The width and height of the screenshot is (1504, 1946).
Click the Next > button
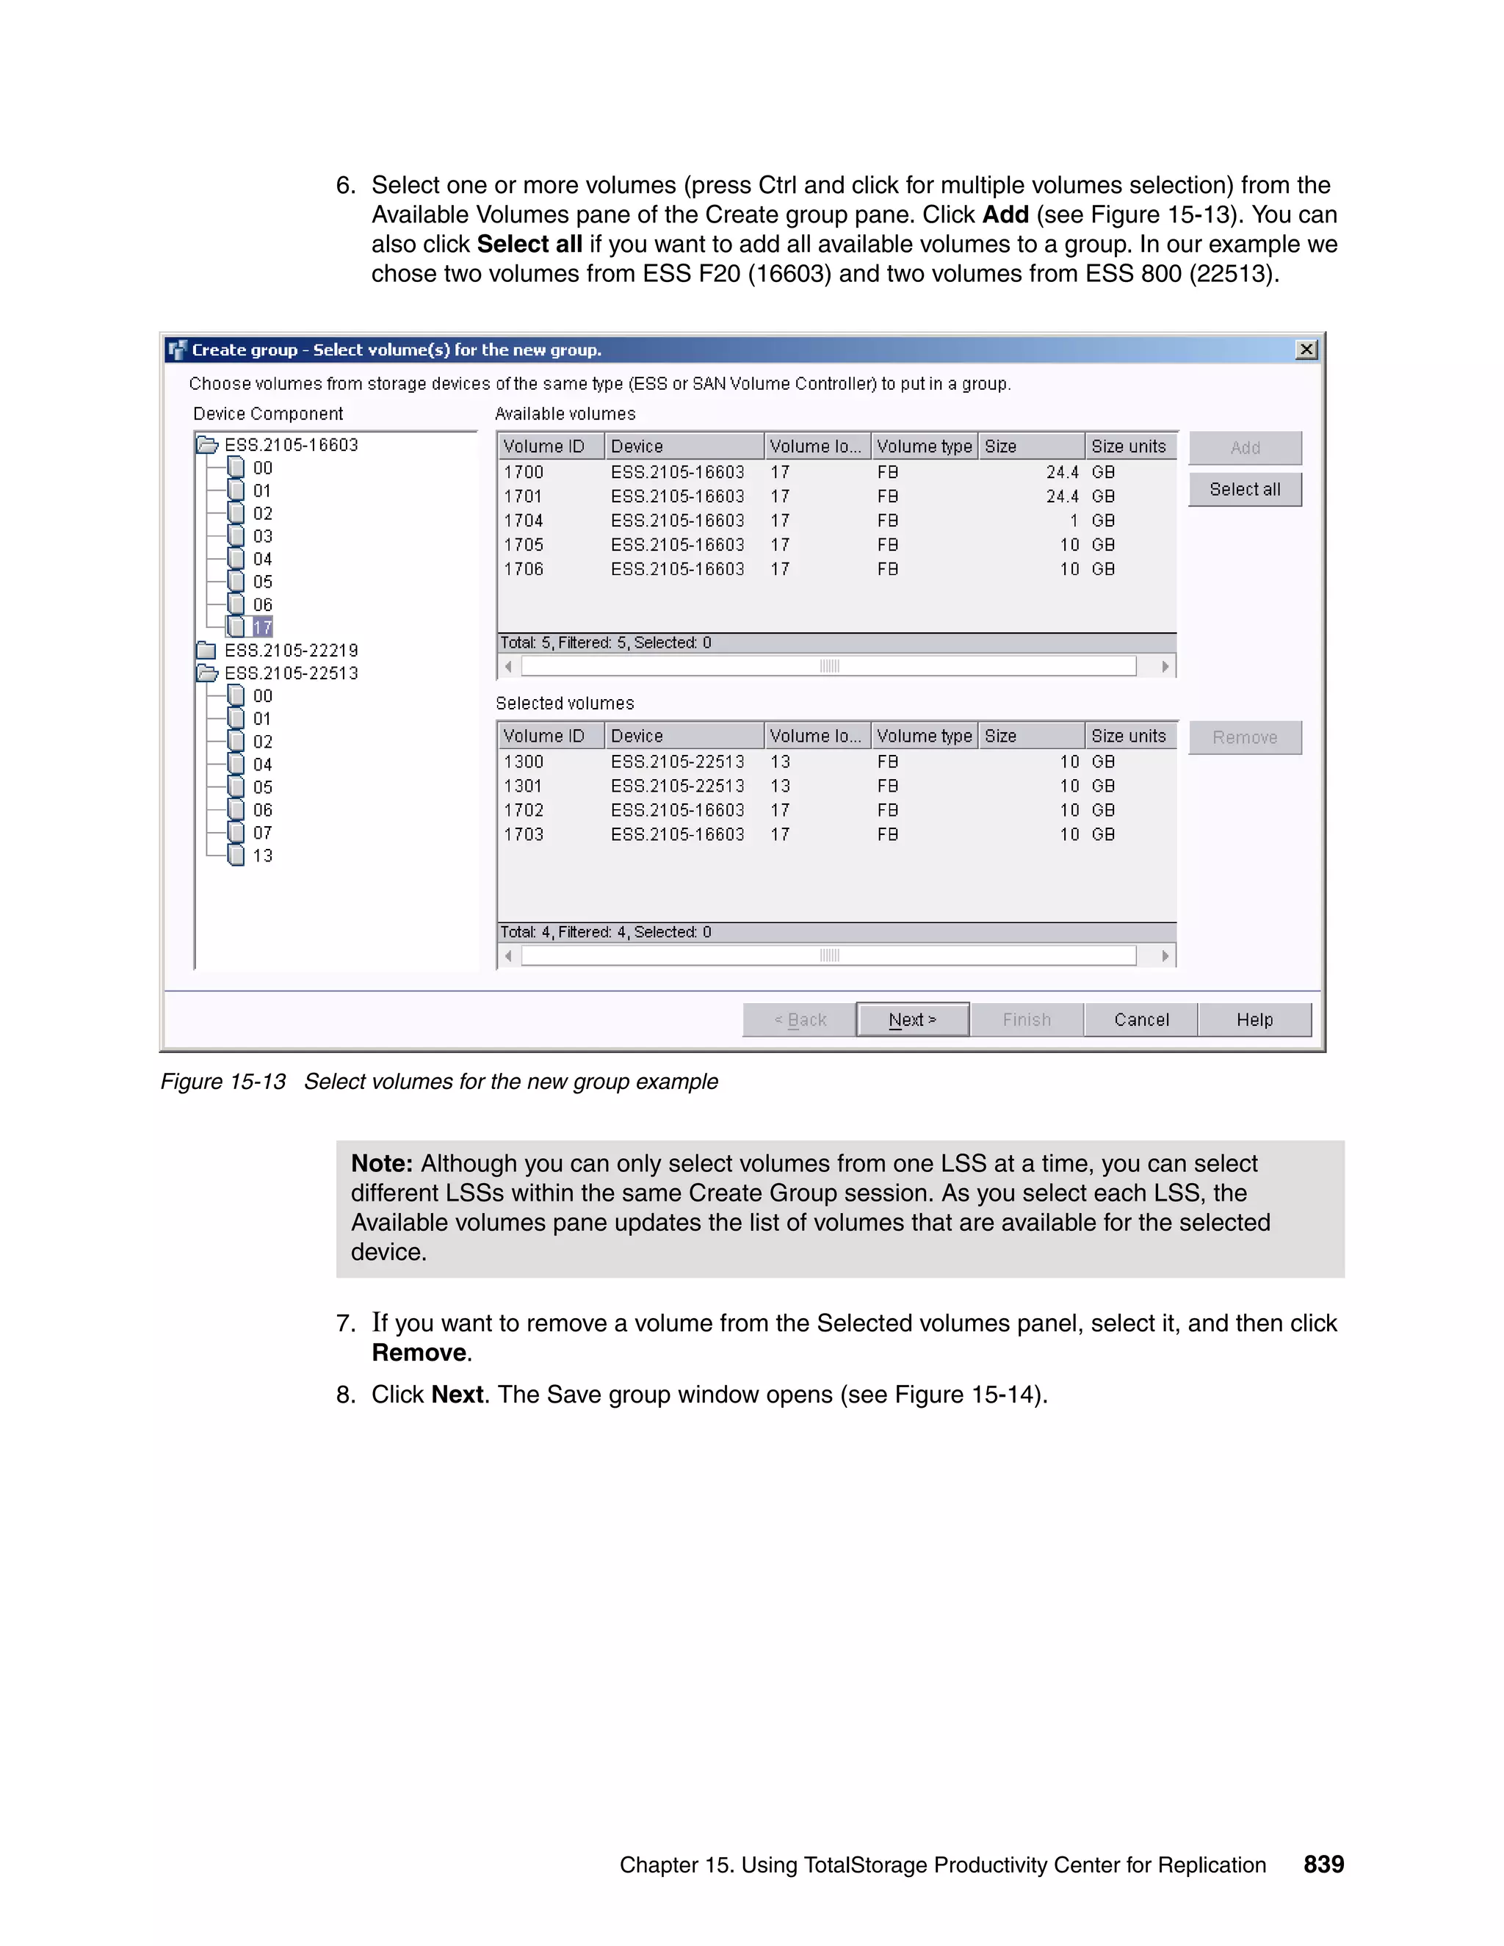point(912,1019)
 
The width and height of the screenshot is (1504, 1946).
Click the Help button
point(1254,1019)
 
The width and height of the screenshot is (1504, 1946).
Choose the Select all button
point(1245,489)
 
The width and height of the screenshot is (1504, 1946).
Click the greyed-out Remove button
point(1245,737)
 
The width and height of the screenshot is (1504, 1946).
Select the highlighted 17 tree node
point(262,627)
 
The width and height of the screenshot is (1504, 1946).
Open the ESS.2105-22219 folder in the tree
point(291,651)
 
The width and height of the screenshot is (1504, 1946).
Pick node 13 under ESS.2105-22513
point(262,856)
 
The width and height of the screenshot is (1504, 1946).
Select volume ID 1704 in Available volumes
point(523,521)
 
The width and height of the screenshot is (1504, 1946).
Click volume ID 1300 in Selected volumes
point(523,762)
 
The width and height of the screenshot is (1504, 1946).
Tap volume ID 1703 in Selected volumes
point(523,835)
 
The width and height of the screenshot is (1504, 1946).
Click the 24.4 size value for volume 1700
point(1061,472)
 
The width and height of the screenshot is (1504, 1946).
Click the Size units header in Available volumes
point(1128,446)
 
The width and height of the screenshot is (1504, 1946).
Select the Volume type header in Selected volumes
point(924,736)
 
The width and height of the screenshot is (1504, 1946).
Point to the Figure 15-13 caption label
point(223,1082)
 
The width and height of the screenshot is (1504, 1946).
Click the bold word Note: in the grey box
point(381,1164)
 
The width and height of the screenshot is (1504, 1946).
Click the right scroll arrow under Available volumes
point(1165,667)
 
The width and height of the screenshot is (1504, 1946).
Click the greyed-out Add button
point(1245,448)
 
